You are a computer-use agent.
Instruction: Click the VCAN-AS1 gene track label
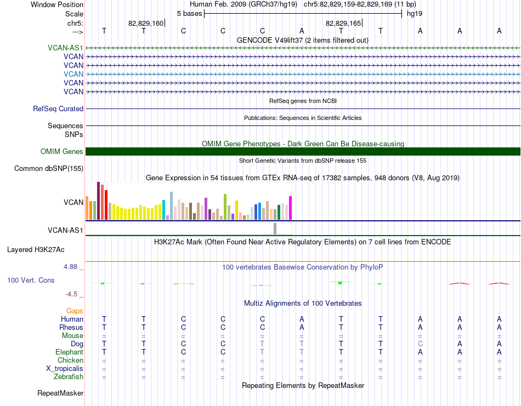coord(65,48)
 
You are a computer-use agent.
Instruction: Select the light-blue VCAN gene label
coord(73,74)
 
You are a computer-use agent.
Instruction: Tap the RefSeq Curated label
coord(58,109)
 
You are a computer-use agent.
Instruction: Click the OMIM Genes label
coord(62,152)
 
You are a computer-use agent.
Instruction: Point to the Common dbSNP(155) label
coord(49,169)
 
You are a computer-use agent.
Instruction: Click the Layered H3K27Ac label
coord(36,250)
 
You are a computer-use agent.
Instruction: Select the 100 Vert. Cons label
coord(31,281)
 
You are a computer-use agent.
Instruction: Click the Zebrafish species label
coord(69,377)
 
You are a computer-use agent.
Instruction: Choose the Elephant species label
coord(70,352)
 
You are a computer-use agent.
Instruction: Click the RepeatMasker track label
coord(60,393)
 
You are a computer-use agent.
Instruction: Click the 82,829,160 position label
coord(146,24)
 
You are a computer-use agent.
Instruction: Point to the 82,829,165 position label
coord(343,24)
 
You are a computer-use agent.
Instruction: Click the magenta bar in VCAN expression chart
coord(291,208)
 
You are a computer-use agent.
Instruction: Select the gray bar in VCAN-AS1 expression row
coord(275,228)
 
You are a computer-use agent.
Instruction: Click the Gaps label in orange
coord(75,311)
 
